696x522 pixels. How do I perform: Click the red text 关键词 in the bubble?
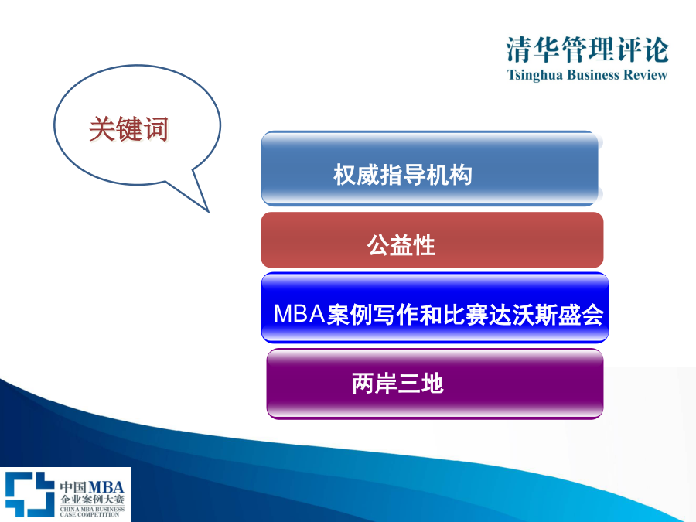128,129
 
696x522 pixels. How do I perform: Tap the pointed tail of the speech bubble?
208,212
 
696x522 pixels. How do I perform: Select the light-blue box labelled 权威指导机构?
432,169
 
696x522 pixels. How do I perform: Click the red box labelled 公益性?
432,240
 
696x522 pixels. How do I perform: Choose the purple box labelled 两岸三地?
435,384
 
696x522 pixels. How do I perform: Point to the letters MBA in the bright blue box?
299,314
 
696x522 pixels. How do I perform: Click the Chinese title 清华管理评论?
587,49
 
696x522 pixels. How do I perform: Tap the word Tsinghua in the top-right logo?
535,75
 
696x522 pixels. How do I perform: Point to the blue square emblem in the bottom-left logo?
29,494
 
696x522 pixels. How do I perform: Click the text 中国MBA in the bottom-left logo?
92,486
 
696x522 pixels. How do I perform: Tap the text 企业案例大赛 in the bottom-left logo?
92,499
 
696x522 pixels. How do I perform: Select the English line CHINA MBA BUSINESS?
92,509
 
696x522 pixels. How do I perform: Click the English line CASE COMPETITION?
90,514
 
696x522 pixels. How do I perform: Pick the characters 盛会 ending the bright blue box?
581,315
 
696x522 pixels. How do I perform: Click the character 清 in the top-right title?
520,49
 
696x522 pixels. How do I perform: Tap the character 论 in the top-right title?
656,49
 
